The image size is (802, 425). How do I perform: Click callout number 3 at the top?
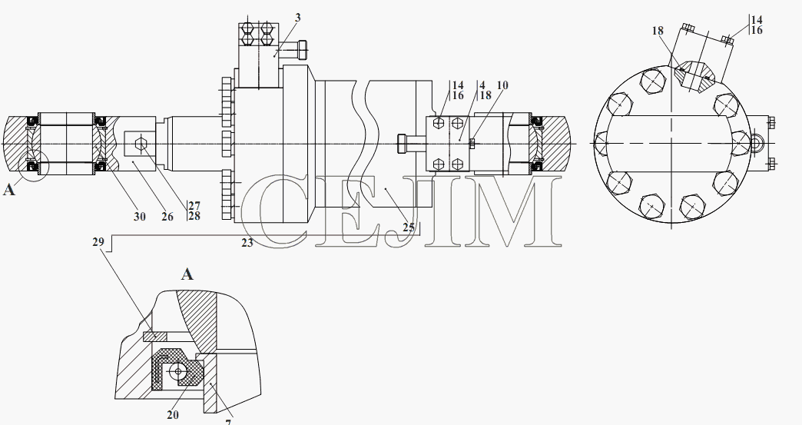click(x=298, y=18)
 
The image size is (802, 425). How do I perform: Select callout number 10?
click(x=502, y=85)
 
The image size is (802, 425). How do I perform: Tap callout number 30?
click(x=140, y=216)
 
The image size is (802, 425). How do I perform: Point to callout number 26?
click(x=167, y=216)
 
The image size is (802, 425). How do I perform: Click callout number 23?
click(x=247, y=243)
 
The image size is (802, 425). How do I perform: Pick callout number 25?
click(x=408, y=227)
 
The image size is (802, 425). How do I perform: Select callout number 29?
click(x=98, y=241)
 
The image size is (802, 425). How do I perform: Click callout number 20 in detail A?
click(x=173, y=415)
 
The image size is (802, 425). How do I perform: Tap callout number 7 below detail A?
click(x=228, y=421)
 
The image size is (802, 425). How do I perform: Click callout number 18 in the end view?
click(x=658, y=31)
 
